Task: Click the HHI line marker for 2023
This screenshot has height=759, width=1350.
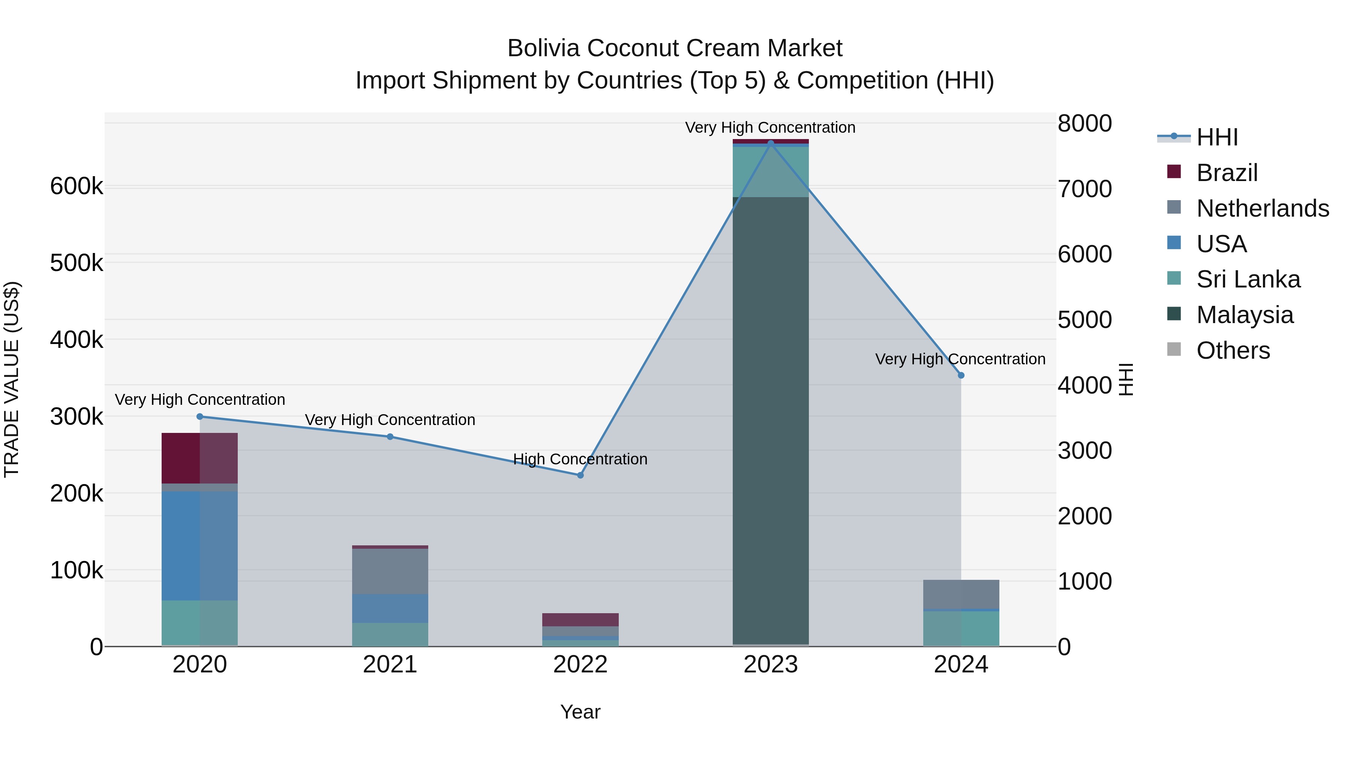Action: click(x=770, y=143)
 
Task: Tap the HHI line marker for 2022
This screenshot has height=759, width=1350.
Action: click(x=580, y=475)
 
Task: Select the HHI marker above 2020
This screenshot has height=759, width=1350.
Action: click(x=199, y=417)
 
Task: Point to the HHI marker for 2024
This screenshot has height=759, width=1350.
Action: click(x=961, y=376)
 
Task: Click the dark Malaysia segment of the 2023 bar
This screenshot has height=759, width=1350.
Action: click(x=770, y=419)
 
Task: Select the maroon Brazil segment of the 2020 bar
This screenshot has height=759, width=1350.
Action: click(x=199, y=458)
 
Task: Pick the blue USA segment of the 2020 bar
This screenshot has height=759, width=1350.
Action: click(x=199, y=545)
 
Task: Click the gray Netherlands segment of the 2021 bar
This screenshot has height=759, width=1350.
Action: click(x=390, y=571)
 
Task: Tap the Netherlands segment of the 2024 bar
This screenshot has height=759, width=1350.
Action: click(x=961, y=594)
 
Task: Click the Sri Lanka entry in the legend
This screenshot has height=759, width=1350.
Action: click(x=1248, y=279)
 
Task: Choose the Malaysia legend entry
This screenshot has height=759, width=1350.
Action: click(x=1245, y=315)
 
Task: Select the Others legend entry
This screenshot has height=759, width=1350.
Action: click(x=1233, y=350)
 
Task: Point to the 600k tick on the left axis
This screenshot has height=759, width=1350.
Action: click(x=76, y=187)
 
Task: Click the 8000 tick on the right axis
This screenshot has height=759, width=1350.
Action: click(x=1084, y=124)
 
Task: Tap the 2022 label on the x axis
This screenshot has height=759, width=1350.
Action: click(x=580, y=665)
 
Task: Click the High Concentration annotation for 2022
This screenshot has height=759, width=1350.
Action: click(x=580, y=459)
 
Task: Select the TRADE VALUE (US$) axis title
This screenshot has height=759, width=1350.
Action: click(x=12, y=379)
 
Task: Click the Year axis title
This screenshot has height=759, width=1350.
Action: click(x=580, y=712)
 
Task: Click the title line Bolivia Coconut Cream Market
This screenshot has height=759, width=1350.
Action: click(x=675, y=48)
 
